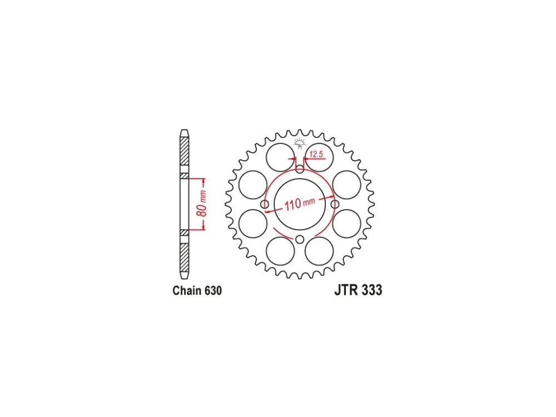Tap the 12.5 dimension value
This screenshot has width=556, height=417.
tap(316, 154)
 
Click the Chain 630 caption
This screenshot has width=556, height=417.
tap(197, 290)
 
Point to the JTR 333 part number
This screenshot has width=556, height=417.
tap(358, 290)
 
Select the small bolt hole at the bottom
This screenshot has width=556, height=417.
tap(300, 239)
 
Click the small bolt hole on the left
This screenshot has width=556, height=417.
tap(265, 204)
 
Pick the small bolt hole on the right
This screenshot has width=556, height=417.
tap(335, 204)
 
